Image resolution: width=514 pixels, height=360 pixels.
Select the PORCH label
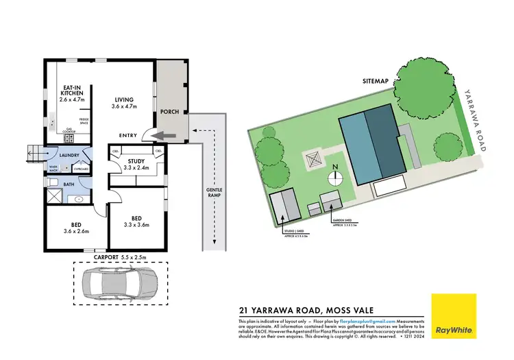point(169,112)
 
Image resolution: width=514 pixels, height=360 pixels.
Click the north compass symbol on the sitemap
point(335,176)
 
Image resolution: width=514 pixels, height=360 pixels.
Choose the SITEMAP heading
point(376,81)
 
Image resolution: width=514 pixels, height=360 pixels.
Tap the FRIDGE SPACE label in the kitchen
point(84,121)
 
